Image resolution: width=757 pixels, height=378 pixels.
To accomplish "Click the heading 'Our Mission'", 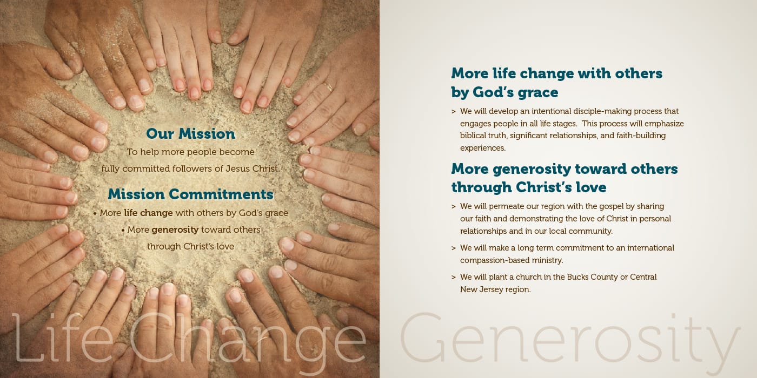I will tap(190, 134).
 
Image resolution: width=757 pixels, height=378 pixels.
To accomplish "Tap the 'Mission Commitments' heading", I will tap(190, 194).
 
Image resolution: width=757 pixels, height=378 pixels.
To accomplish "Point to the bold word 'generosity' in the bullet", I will tap(175, 230).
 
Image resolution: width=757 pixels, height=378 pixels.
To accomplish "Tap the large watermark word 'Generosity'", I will tap(562, 340).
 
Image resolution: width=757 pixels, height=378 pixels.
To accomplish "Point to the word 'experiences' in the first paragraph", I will tap(482, 148).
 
